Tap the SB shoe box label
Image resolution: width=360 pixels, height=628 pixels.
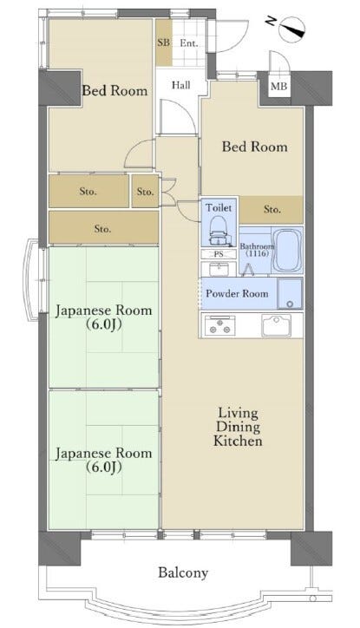pyautogui.click(x=163, y=43)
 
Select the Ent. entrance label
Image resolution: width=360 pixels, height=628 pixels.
pyautogui.click(x=188, y=43)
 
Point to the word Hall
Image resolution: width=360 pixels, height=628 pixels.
pyautogui.click(x=181, y=85)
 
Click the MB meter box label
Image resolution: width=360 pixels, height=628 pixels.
pyautogui.click(x=278, y=86)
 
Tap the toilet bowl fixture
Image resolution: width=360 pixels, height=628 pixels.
pyautogui.click(x=219, y=232)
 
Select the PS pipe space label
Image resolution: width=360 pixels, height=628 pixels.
pyautogui.click(x=219, y=254)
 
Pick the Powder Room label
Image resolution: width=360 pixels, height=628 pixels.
pyautogui.click(x=237, y=293)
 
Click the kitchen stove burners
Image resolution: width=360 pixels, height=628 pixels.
pyautogui.click(x=219, y=325)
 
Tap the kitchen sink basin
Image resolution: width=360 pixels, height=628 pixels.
pyautogui.click(x=277, y=325)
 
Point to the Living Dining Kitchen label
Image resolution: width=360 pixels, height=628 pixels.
pyautogui.click(x=239, y=427)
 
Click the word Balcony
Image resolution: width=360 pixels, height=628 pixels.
pyautogui.click(x=183, y=572)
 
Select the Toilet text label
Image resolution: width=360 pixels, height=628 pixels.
pyautogui.click(x=219, y=207)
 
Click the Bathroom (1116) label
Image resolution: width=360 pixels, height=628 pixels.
pyautogui.click(x=257, y=250)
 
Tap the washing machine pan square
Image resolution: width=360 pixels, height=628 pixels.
pyautogui.click(x=290, y=293)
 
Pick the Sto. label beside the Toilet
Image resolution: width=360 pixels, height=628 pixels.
pyautogui.click(x=272, y=209)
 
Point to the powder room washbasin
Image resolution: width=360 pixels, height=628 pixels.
pyautogui.click(x=219, y=269)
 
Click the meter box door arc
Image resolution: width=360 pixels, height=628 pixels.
pyautogui.click(x=279, y=60)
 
